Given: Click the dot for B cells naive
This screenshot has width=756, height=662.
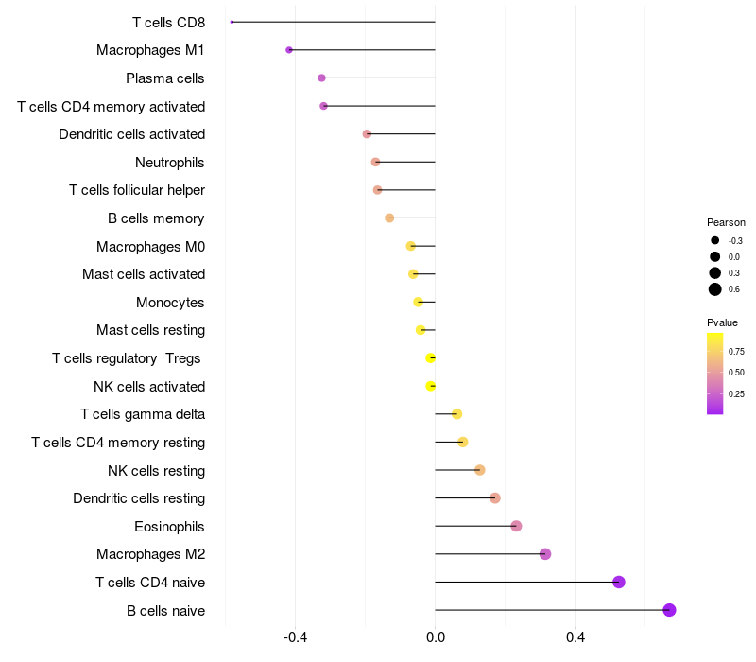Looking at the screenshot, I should point(669,610).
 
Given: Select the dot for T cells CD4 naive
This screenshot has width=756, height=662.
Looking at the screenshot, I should point(619,582).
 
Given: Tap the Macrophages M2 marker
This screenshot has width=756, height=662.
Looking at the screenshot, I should point(545,554).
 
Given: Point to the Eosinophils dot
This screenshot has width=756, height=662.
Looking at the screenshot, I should point(516,526).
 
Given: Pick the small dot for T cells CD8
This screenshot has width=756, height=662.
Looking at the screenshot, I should point(232,22).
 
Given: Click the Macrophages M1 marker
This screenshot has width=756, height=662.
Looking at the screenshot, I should point(289,50).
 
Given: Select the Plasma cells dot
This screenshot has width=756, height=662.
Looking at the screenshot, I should point(321,78).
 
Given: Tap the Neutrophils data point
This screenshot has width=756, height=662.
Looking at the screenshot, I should point(375,162).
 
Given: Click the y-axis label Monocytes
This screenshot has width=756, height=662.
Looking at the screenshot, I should point(170,303).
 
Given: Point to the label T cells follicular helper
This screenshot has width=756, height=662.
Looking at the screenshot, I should point(137,190).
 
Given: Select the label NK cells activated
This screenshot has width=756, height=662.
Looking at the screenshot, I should point(149,387).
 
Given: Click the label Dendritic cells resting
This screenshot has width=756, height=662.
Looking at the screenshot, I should point(139,498).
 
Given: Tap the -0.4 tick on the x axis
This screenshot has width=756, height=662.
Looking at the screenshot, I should point(296,637).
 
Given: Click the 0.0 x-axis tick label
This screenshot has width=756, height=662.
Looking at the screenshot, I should point(436,637).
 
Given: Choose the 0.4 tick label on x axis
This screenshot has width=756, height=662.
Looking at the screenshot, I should point(575,637).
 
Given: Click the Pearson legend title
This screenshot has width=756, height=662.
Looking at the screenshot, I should point(726,222).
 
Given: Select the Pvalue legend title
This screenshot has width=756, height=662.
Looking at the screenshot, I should point(723,322).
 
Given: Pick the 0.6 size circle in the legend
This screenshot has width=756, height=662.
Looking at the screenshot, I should point(715,289).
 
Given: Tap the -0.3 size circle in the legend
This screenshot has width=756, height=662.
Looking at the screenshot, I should point(715,240).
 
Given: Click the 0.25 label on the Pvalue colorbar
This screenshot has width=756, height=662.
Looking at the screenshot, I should point(736,394).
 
